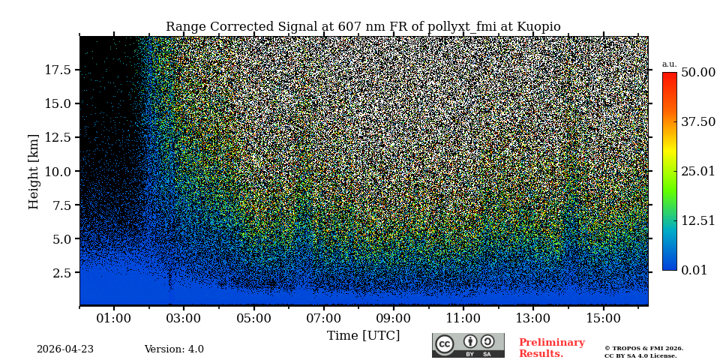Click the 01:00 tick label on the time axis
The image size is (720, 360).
click(x=114, y=318)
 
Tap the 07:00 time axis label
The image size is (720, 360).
click(x=323, y=318)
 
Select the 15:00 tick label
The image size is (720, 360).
click(x=603, y=318)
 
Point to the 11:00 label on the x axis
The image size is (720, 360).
click(x=463, y=318)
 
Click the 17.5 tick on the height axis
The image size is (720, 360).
click(x=58, y=70)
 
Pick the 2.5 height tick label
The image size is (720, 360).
click(x=63, y=273)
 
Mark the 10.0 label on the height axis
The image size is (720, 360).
click(x=58, y=171)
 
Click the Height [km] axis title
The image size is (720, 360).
click(x=34, y=171)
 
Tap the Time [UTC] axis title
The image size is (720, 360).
click(x=363, y=335)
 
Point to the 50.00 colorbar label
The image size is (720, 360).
click(x=697, y=72)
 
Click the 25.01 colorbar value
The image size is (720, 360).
click(x=697, y=172)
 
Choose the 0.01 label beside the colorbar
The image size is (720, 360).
click(x=694, y=270)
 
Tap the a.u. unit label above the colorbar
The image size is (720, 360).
click(x=669, y=64)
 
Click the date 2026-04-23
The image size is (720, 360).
click(x=65, y=349)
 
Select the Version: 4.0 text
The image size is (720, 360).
click(x=174, y=349)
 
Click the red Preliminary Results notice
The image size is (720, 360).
click(x=551, y=348)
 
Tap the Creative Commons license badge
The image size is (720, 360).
click(x=468, y=345)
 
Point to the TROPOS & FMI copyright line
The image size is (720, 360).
click(x=643, y=348)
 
